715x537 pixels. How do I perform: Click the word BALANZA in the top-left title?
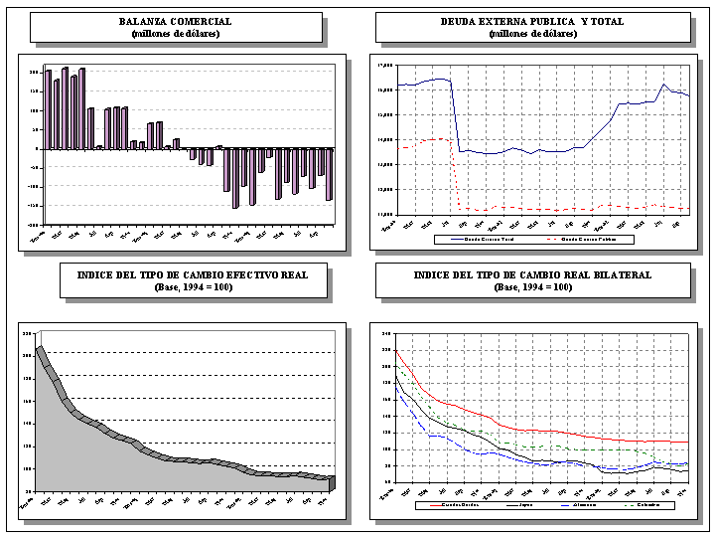[142, 21]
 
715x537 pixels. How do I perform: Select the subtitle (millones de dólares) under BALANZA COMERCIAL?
[176, 34]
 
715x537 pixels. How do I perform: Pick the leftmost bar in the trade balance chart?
[48, 109]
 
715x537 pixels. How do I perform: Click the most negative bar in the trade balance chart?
[235, 178]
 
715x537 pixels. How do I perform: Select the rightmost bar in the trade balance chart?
[329, 174]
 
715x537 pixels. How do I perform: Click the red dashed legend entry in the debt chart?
[588, 239]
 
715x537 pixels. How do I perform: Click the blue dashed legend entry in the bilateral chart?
[577, 505]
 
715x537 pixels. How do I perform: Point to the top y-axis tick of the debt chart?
[385, 66]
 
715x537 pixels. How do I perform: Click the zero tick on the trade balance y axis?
[36, 148]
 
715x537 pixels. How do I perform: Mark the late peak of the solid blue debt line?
[664, 85]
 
